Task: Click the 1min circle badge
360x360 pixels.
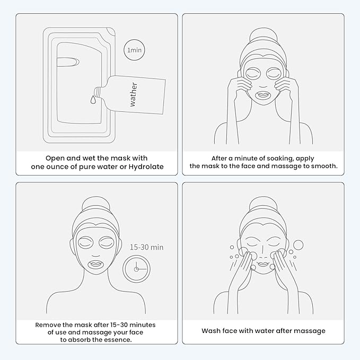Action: (x=134, y=50)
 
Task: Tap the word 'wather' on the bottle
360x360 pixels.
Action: (x=133, y=94)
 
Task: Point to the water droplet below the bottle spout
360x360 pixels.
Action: (x=92, y=99)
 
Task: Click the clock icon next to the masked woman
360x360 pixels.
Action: (x=136, y=269)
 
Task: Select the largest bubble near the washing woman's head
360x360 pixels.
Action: (x=298, y=245)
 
